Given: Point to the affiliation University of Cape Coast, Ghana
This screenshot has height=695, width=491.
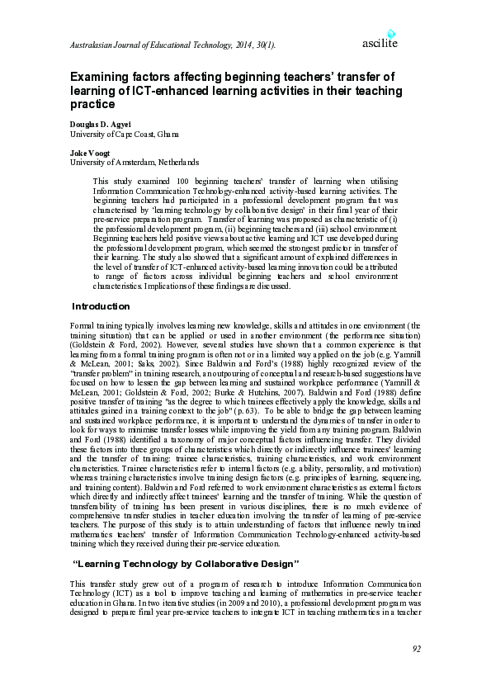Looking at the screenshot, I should coord(125,134).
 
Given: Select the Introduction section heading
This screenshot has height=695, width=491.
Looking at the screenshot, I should coord(102,306).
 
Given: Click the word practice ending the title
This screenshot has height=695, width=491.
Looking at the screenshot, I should coord(92,105).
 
